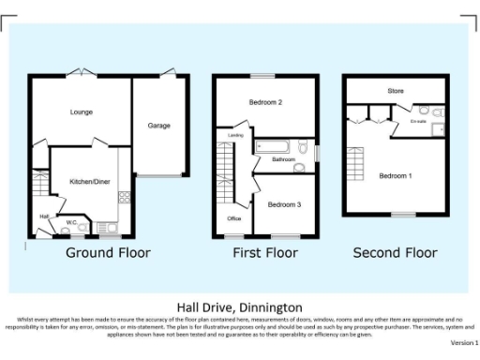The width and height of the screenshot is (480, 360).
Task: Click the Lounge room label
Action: (81, 112)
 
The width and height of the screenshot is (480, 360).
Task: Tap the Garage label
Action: (158, 125)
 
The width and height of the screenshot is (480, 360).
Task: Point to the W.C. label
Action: (71, 222)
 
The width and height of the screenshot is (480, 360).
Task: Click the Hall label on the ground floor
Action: (43, 217)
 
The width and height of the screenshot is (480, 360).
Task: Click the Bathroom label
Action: (283, 160)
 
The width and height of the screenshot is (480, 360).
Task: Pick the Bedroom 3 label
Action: (284, 203)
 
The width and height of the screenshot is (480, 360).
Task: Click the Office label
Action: (234, 218)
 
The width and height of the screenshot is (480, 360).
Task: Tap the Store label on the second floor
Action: (396, 91)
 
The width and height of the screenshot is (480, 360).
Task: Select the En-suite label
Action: (418, 121)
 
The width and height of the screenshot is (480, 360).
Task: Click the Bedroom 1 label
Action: (396, 175)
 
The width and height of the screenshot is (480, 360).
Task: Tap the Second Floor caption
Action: (395, 253)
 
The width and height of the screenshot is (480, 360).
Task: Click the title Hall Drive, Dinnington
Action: (239, 307)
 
